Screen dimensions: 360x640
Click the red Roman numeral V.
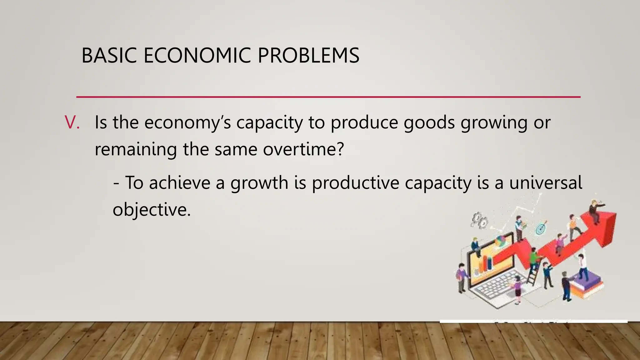click(72, 122)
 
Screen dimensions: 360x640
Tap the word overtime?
click(303, 149)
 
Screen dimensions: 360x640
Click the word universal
click(546, 182)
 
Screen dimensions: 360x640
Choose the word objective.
click(152, 209)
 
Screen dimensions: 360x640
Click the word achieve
click(180, 182)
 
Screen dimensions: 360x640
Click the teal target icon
click(541, 228)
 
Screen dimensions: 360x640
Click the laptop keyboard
click(497, 286)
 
